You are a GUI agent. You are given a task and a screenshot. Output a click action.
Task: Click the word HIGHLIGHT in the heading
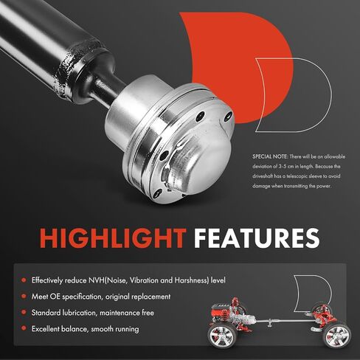tap(113, 238)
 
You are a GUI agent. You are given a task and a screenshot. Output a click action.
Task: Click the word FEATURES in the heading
tap(257, 238)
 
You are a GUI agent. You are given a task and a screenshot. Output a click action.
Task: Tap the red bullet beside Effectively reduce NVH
tap(24, 280)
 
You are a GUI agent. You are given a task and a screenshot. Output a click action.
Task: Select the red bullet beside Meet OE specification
tap(24, 297)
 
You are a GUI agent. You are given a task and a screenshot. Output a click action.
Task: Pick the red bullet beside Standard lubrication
tap(24, 312)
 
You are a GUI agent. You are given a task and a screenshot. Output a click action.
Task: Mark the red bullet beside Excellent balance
tap(24, 328)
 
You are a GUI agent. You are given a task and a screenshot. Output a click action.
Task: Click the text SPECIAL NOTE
tap(270, 156)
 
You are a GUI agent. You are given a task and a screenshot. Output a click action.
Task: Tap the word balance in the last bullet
tap(75, 329)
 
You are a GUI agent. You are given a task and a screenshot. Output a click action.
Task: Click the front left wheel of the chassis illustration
tap(221, 336)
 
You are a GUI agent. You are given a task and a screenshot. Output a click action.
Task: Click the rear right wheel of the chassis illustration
tap(337, 336)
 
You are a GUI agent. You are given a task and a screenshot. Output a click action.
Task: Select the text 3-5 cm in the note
tap(285, 167)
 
